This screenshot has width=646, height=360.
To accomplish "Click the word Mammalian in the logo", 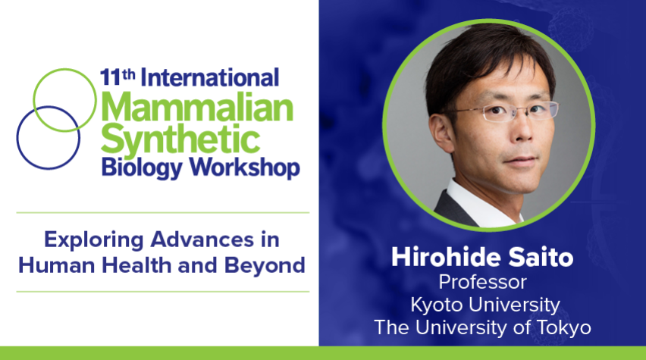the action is [x=197, y=107].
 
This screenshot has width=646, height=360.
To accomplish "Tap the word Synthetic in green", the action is [x=180, y=139].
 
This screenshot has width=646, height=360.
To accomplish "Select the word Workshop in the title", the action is [x=244, y=168].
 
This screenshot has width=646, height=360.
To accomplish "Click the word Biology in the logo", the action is [x=142, y=168].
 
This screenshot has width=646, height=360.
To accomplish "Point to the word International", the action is [x=210, y=78].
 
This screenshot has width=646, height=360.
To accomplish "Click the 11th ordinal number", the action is [x=118, y=77].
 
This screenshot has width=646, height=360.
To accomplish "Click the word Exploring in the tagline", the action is [x=93, y=240].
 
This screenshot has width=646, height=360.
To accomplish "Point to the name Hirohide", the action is [x=445, y=257].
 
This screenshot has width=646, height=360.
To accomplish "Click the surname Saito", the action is [x=541, y=257].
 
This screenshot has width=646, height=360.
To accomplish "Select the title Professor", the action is [x=483, y=282].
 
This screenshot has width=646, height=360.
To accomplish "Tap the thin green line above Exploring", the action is [x=163, y=213].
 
